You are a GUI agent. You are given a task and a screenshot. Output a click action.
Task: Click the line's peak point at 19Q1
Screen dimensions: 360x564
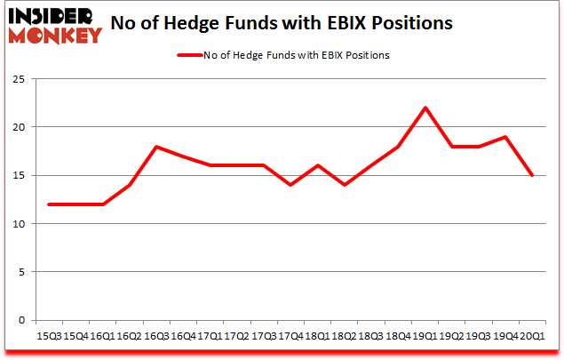coord(425,108)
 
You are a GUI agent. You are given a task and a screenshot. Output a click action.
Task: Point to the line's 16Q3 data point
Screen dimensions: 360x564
coord(156,147)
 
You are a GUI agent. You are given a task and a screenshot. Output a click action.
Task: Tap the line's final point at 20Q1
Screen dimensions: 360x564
coord(533,175)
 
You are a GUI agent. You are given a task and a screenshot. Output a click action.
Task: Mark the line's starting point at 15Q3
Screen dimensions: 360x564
coord(49,204)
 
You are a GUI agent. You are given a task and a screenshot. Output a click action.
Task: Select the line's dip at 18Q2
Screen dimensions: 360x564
coord(345,185)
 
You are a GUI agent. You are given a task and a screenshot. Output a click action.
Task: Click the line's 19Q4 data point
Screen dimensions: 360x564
coord(506,137)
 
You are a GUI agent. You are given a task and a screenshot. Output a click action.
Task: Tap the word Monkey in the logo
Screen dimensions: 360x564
coord(55,36)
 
